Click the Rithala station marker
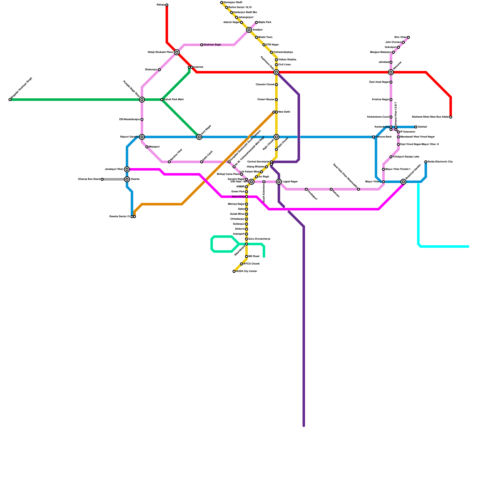point(167,5)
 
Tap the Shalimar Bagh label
point(212,45)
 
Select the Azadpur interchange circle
point(249,30)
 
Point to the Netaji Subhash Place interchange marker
point(177,52)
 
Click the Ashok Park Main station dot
point(162,100)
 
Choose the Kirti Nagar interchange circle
point(199,137)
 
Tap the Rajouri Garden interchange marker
point(142,137)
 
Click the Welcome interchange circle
point(391,72)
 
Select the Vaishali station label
point(422,127)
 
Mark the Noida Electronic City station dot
point(426,162)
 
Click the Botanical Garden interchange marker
point(403,182)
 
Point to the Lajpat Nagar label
point(290,182)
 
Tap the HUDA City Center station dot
point(234,271)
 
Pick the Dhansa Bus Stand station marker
point(102,179)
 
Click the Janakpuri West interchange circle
point(127,169)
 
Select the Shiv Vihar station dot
point(408,37)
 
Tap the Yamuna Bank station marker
point(374,137)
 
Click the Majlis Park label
point(265,22)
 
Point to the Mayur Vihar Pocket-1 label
point(398,169)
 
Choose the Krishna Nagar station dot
point(391,100)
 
